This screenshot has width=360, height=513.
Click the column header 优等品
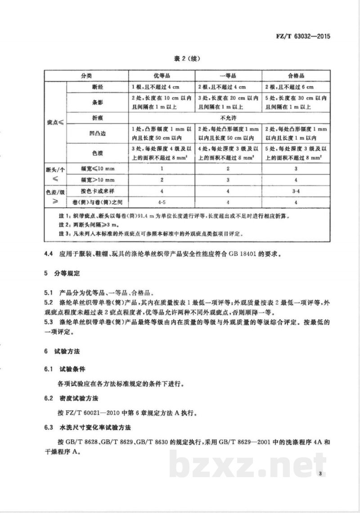coord(163,76)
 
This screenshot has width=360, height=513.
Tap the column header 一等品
coord(228,76)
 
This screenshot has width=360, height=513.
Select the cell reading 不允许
coord(229,117)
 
